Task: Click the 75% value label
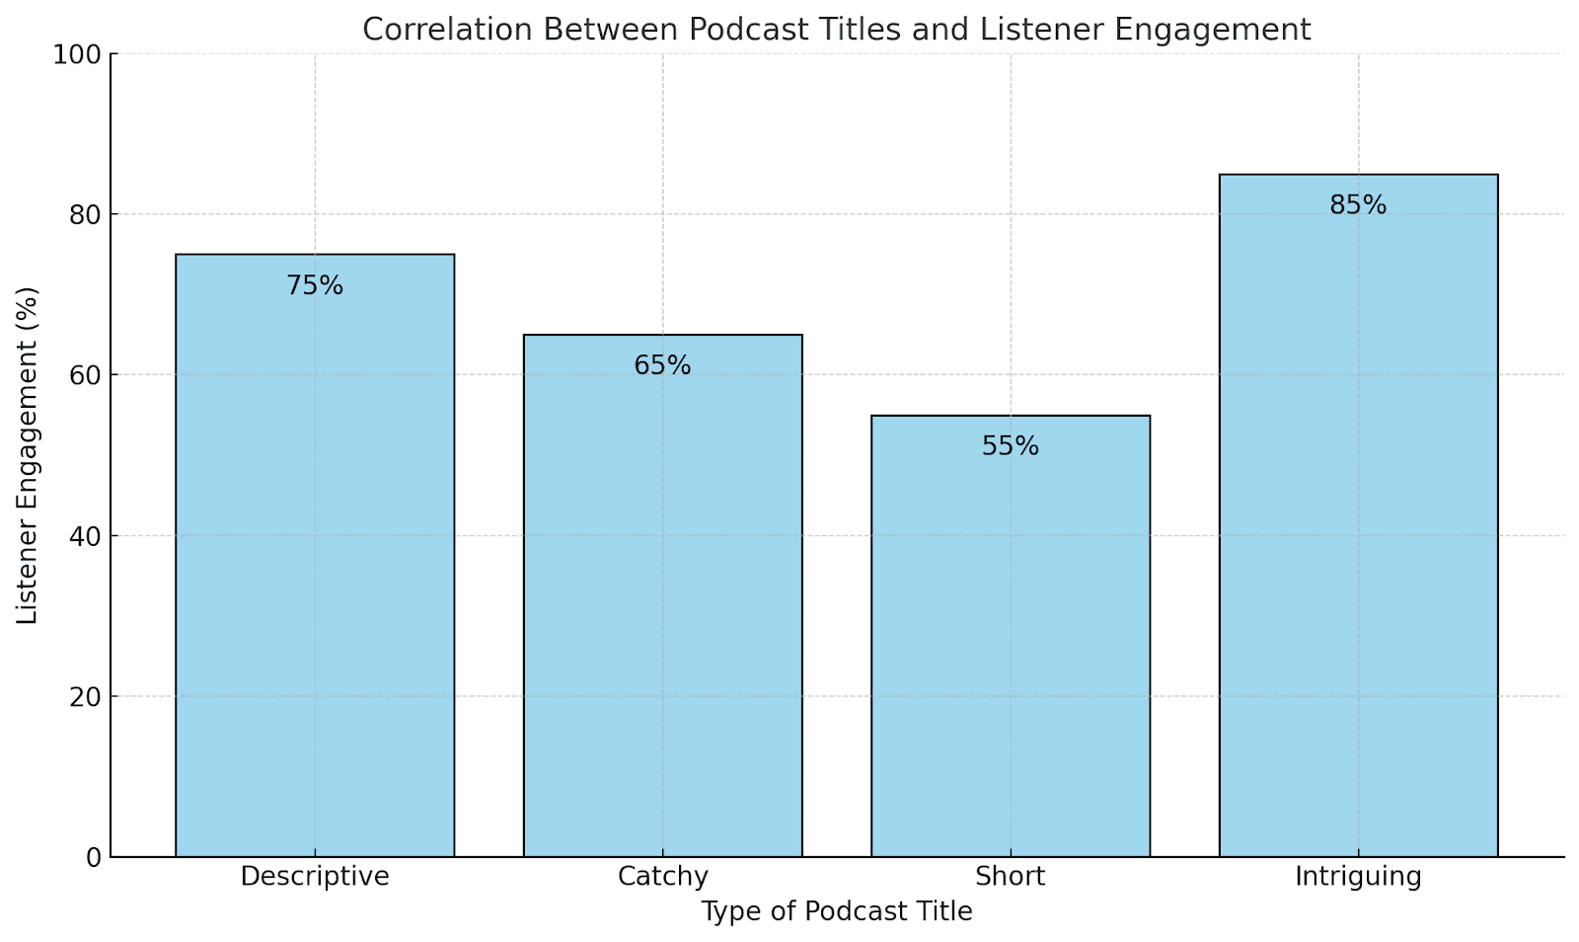tap(315, 286)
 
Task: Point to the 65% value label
tap(662, 366)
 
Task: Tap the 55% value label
tap(1011, 447)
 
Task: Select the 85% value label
tap(1358, 205)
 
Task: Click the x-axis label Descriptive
tap(315, 877)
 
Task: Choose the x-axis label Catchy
tap(662, 877)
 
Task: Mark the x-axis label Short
tap(1010, 877)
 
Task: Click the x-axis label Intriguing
tap(1358, 877)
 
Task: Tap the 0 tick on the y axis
tap(95, 857)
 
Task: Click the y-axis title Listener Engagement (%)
tap(28, 455)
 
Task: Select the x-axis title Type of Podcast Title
tap(837, 912)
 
